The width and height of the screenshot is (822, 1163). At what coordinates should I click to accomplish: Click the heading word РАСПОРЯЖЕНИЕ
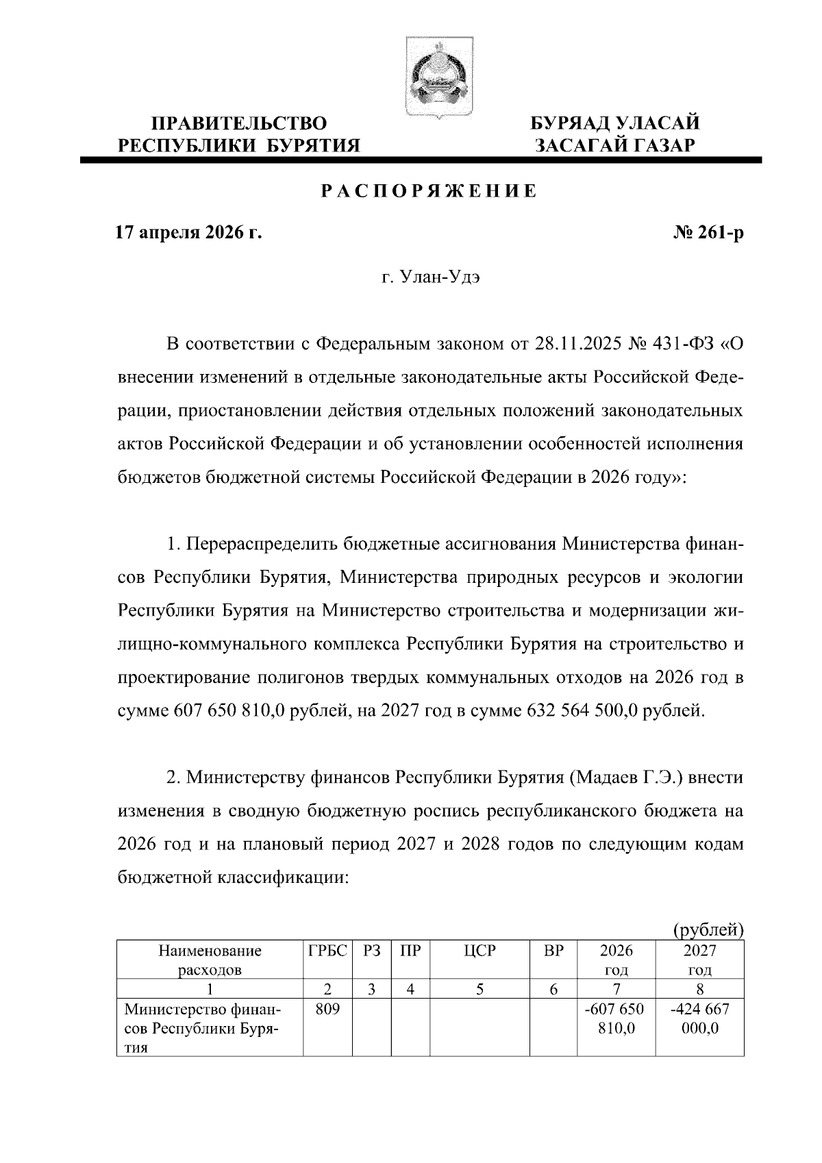pos(429,191)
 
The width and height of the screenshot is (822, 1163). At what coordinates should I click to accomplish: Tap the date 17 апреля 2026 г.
pos(189,233)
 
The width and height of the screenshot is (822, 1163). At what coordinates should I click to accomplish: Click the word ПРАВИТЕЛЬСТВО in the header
pos(239,124)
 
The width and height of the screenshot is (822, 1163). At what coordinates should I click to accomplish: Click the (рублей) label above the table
pos(708,929)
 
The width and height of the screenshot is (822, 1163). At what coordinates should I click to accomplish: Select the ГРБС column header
pos(327,951)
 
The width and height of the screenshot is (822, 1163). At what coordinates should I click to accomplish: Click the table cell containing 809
pos(327,1009)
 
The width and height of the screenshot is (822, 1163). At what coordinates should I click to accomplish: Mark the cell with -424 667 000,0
pos(699,1018)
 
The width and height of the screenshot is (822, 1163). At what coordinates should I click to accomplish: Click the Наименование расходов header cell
pos(210,960)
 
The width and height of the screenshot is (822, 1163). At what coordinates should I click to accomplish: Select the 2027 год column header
pos(699,960)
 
